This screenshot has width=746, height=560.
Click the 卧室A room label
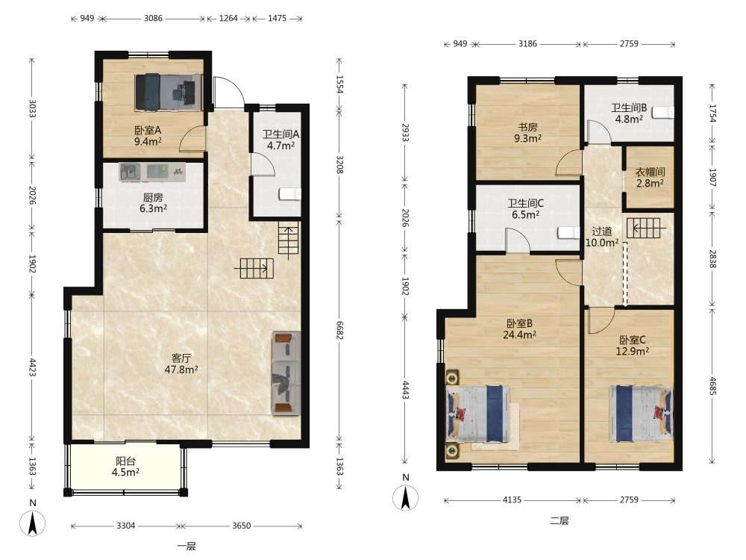148,130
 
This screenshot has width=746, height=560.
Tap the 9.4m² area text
148,141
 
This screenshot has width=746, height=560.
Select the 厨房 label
153,197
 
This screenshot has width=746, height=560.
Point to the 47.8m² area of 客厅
181,369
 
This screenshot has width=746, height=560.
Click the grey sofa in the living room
286,373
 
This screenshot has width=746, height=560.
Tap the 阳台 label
125,461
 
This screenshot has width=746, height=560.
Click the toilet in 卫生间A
289,194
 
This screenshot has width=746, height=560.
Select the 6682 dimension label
339,330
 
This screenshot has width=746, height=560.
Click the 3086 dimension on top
153,19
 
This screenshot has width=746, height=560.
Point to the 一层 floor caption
186,547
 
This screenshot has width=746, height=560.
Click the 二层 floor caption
559,520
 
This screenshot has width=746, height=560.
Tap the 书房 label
527,127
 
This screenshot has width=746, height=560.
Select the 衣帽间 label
650,172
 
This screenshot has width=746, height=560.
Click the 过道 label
602,231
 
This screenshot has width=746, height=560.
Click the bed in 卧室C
642,414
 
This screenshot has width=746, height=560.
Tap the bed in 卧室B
477,414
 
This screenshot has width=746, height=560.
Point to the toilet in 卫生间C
568,232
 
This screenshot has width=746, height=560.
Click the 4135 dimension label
512,500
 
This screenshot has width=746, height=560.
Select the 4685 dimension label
712,386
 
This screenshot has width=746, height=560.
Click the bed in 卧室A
169,92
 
